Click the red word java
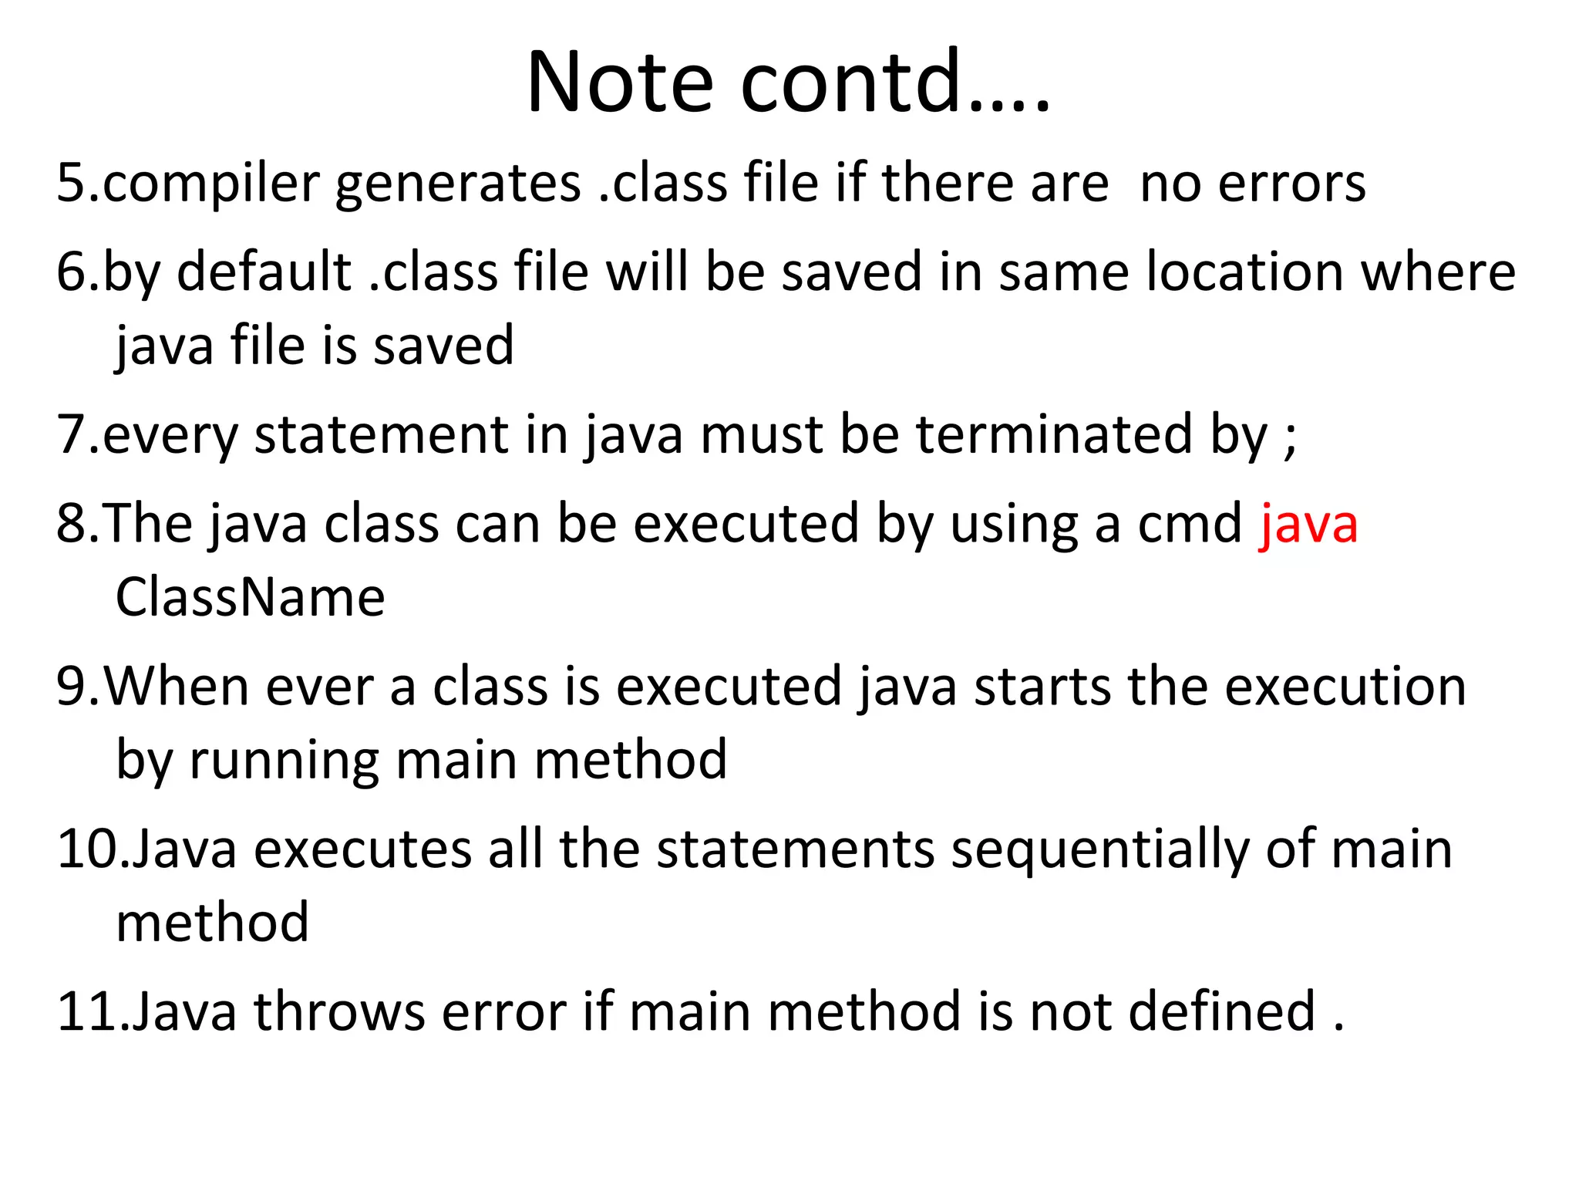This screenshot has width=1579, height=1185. coord(1308,525)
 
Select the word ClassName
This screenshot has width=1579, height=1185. coord(250,598)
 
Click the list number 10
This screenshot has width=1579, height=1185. coord(86,849)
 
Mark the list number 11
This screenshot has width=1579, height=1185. coord(86,1011)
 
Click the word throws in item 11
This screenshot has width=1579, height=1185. coord(339,1011)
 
